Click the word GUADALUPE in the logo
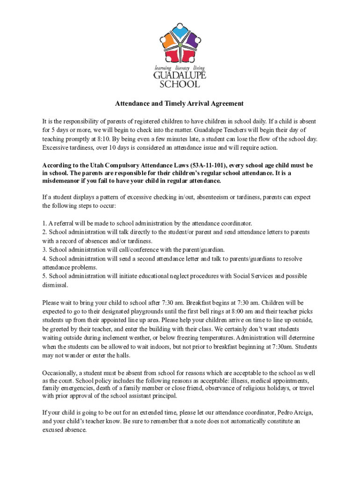180,76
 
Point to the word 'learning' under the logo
164,68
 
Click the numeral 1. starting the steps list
44,224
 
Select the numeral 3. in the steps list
44,250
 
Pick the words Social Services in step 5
253,276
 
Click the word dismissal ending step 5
55,285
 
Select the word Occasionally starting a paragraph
59,373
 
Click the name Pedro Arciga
295,413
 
